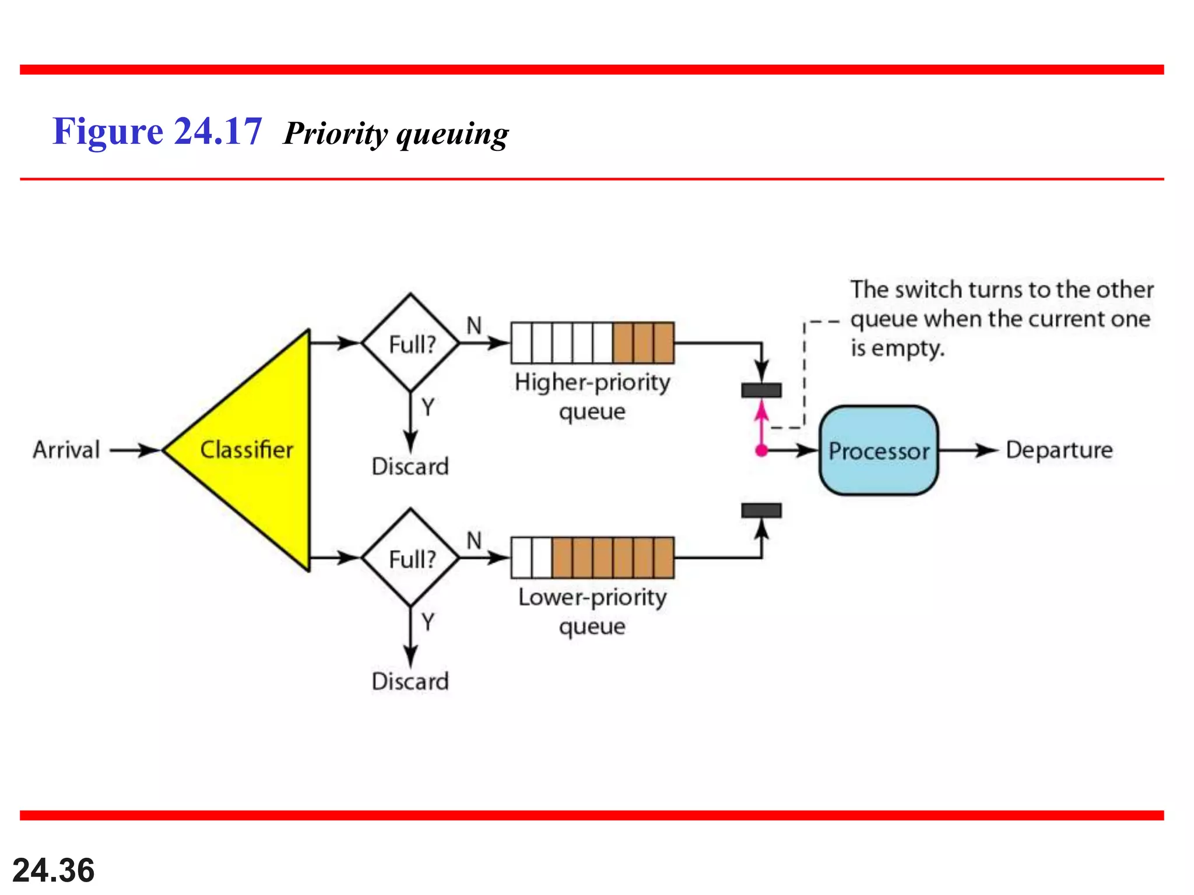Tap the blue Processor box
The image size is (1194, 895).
(x=879, y=450)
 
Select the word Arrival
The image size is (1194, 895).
(x=66, y=450)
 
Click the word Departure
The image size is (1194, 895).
(x=1059, y=450)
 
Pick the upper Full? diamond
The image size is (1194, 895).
(x=410, y=343)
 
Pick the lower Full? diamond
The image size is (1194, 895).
(x=410, y=558)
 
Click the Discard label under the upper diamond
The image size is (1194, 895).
(x=410, y=466)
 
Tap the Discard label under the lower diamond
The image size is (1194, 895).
(x=410, y=681)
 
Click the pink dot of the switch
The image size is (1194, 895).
(x=761, y=450)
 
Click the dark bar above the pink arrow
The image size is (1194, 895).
(x=761, y=390)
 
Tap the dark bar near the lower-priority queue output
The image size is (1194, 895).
(x=761, y=510)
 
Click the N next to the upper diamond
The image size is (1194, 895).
(x=474, y=325)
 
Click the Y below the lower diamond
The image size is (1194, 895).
(x=428, y=622)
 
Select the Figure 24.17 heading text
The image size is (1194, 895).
(x=157, y=131)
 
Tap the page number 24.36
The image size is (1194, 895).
(x=54, y=870)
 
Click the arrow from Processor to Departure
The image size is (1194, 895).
(x=968, y=450)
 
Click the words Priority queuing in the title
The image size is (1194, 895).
(x=396, y=134)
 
